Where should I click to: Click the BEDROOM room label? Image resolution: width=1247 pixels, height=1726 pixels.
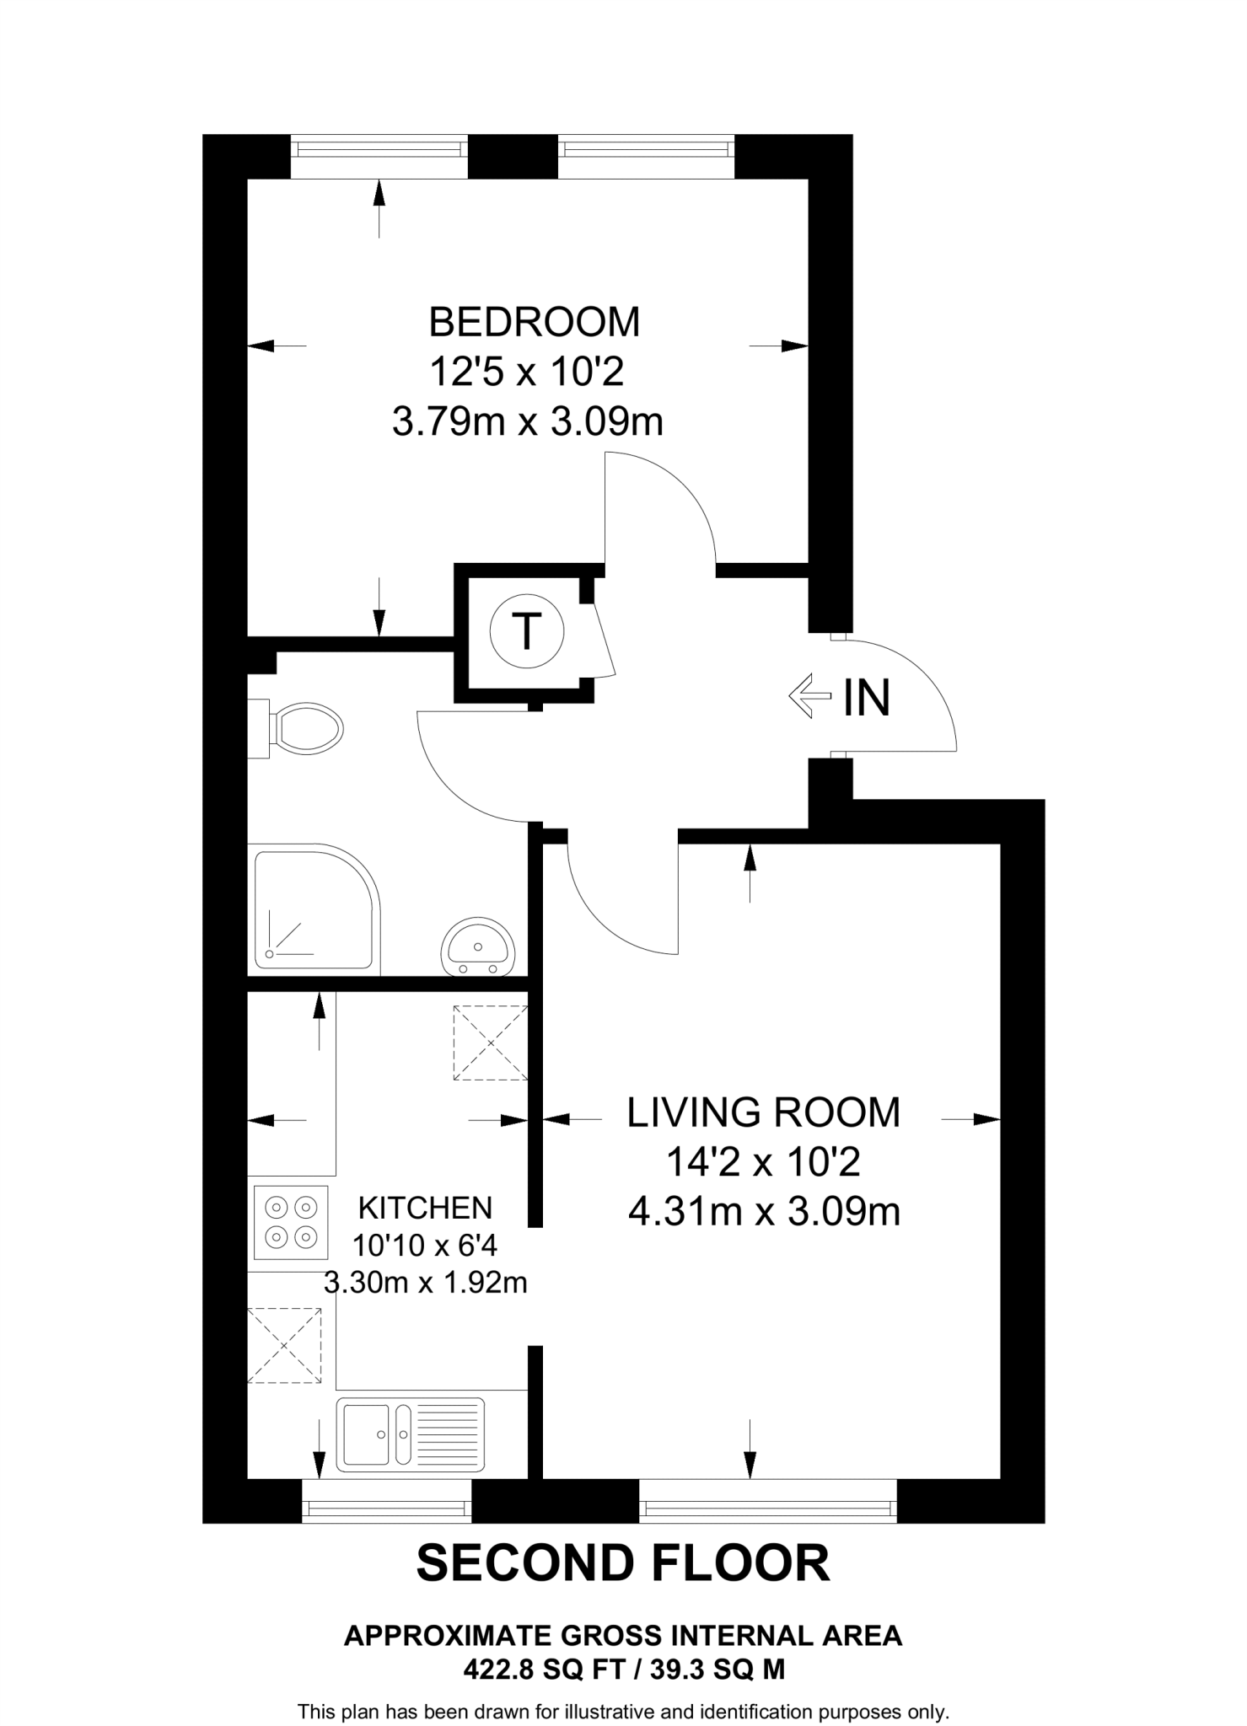point(534,323)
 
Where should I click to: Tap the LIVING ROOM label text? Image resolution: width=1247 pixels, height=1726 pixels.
point(763,1112)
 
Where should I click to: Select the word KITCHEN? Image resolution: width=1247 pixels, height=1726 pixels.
point(425,1208)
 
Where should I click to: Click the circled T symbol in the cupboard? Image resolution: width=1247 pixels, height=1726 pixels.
point(527,631)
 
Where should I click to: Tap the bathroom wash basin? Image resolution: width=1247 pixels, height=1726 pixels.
point(477,946)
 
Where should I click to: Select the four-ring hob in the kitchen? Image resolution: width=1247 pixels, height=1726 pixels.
point(289,1222)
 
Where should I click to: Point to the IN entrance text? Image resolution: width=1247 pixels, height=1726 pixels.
point(867,698)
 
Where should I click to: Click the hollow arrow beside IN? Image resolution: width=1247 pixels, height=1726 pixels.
point(809,696)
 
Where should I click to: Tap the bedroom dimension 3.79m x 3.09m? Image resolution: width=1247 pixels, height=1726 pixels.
point(528,421)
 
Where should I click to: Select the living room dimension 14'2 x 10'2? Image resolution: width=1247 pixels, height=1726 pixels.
point(763,1163)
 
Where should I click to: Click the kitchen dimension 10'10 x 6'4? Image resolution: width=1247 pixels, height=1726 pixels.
point(425,1245)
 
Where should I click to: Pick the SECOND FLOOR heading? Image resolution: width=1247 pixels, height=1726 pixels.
point(623,1563)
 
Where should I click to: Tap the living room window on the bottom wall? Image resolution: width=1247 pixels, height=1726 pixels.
point(767,1505)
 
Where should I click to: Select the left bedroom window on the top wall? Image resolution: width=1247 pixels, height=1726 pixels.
point(379,150)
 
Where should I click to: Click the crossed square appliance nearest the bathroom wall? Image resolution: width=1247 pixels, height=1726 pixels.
point(491,1042)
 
